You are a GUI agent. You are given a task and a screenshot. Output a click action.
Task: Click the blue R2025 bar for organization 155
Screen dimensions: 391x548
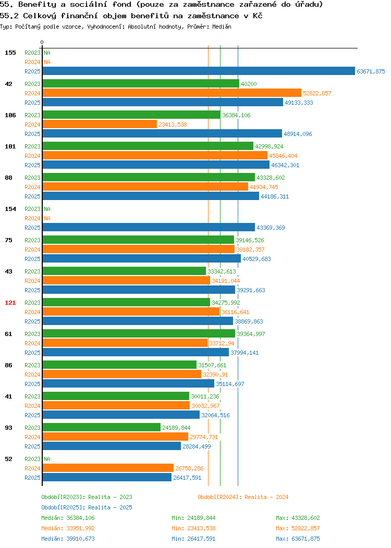(199, 71)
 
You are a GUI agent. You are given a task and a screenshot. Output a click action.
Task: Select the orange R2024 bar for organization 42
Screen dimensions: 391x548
(172, 93)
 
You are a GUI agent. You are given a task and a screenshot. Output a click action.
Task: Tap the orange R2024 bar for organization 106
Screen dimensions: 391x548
(100, 124)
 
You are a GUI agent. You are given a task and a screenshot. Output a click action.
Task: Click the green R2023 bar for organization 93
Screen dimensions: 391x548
(102, 427)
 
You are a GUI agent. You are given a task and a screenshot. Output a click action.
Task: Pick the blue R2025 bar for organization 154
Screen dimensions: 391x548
(149, 227)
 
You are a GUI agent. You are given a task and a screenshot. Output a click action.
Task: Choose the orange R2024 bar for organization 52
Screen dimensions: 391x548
(108, 468)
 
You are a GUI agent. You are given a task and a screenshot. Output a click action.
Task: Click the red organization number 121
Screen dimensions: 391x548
(10, 303)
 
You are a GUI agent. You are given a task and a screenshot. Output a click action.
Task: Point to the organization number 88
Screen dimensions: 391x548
(8, 178)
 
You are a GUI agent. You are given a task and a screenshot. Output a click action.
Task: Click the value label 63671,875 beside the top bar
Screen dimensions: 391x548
(371, 71)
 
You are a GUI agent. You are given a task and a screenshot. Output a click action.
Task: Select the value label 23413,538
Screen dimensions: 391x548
(173, 124)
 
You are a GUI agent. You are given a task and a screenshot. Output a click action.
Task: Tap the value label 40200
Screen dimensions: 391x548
(249, 84)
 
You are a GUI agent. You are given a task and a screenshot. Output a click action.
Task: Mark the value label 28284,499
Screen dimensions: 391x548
(197, 446)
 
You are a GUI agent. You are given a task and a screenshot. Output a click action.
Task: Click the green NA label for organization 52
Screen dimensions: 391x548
(47, 459)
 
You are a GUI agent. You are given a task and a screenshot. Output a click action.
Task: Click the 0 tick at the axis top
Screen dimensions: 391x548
(42, 42)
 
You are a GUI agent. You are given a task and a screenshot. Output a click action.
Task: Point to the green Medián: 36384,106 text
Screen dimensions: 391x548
(68, 518)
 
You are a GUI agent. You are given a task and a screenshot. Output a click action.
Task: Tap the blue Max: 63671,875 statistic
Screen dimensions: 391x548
(298, 539)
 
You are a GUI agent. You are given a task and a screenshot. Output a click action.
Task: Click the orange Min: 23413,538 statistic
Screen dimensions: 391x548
(193, 528)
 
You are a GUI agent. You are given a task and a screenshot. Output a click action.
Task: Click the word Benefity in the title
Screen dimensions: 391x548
(37, 5)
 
